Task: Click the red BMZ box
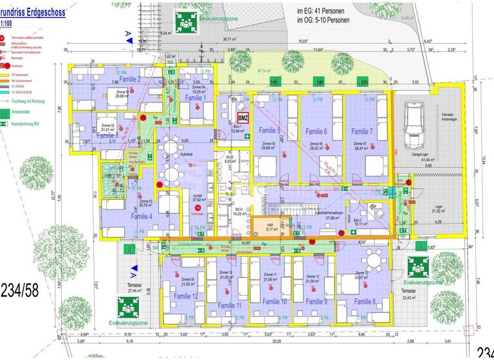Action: [x=242, y=118]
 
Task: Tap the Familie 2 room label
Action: [x=129, y=79]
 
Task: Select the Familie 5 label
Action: [x=270, y=130]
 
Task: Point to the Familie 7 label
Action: [x=363, y=131]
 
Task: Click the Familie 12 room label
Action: [x=186, y=296]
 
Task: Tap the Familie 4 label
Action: [x=142, y=217]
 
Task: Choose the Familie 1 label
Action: [x=196, y=98]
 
